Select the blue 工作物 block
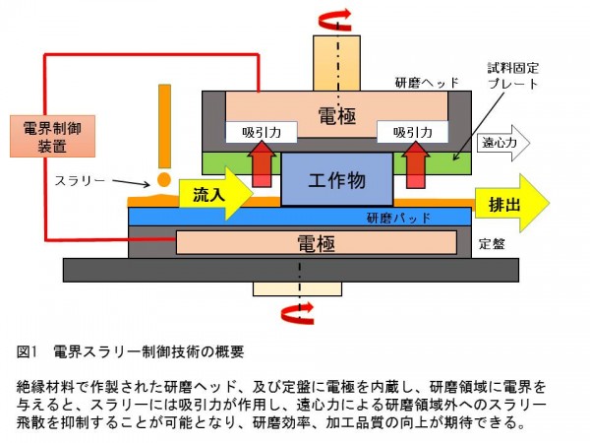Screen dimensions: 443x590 pyautogui.click(x=337, y=179)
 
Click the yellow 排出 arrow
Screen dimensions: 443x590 pyautogui.click(x=507, y=203)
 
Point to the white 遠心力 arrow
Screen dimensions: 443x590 pyautogui.click(x=503, y=143)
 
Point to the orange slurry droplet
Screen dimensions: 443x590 pyautogui.click(x=163, y=180)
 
